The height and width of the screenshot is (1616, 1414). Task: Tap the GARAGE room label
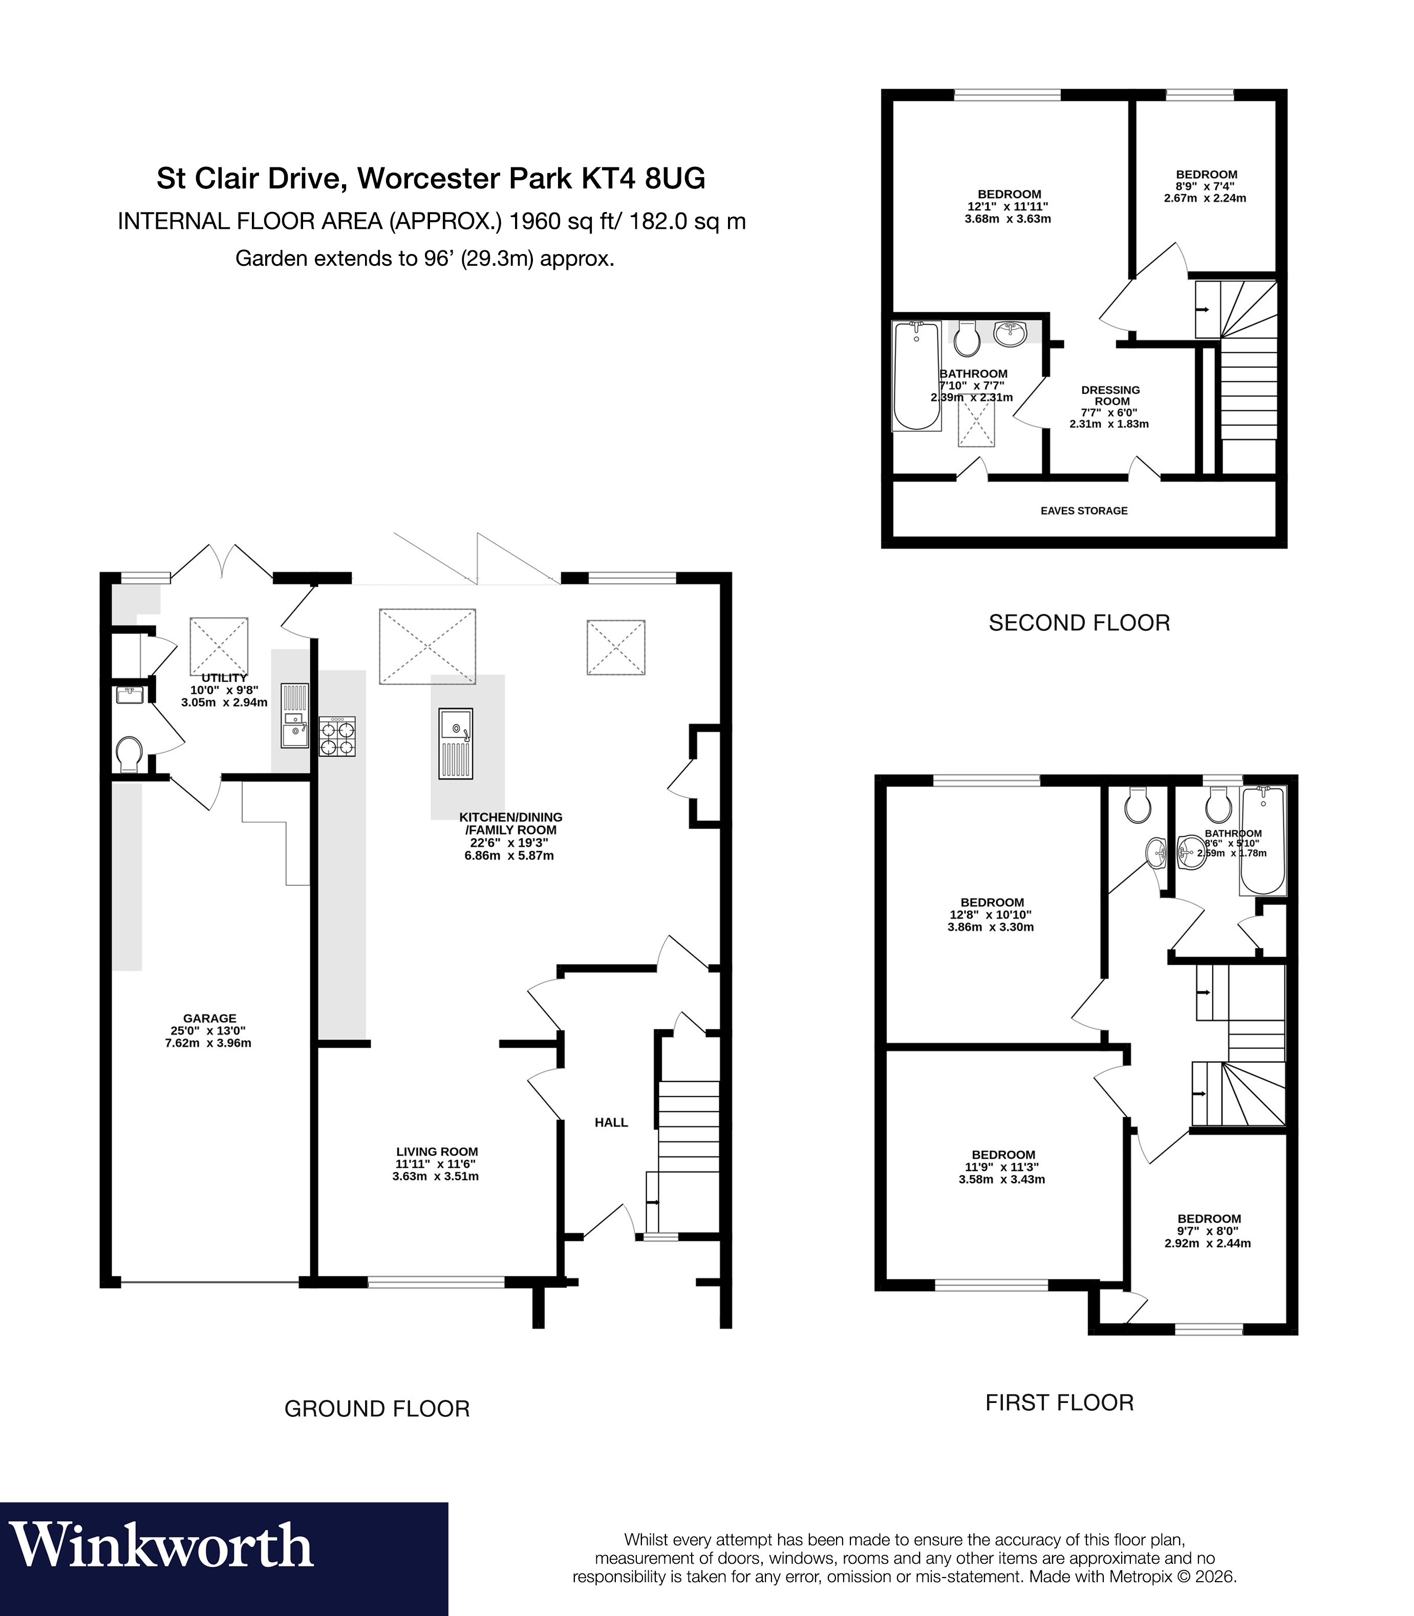[x=210, y=1018]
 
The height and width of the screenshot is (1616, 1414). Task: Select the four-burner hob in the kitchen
[x=337, y=736]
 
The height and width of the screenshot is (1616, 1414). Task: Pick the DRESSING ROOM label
[x=1110, y=395]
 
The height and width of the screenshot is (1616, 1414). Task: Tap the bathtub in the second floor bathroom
[x=916, y=376]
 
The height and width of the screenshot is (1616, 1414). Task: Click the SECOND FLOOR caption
[x=1079, y=623]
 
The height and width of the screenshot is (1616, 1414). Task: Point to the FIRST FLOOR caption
[x=1059, y=1402]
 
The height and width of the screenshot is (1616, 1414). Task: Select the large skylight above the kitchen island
[x=427, y=646]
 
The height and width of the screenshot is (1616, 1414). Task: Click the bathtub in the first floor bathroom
[x=1263, y=840]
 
